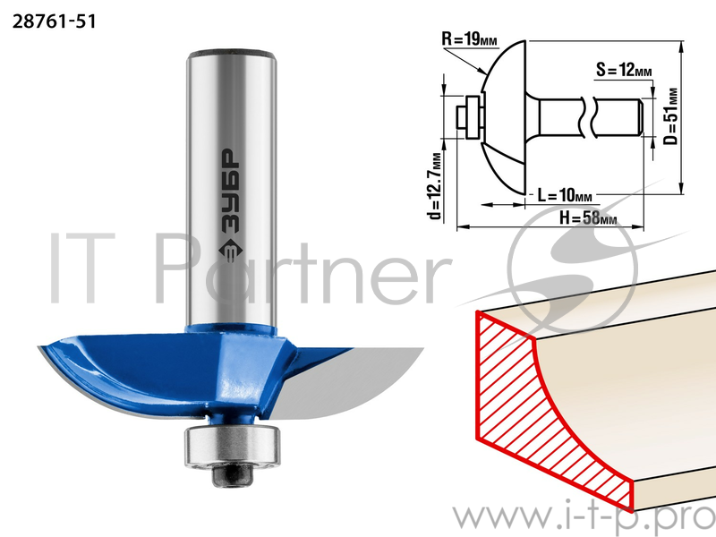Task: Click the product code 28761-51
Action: pyautogui.click(x=55, y=21)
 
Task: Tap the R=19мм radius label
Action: pyautogui.click(x=469, y=39)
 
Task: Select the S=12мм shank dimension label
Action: pyautogui.click(x=624, y=70)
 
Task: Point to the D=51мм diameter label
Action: pyautogui.click(x=670, y=116)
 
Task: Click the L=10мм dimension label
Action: pyautogui.click(x=564, y=195)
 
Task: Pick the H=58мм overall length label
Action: pyautogui.click(x=588, y=217)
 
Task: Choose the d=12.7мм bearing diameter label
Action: pyautogui.click(x=436, y=186)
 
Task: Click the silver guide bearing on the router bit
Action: pyautogui.click(x=232, y=446)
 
